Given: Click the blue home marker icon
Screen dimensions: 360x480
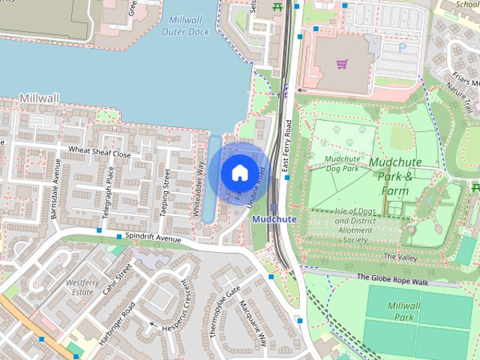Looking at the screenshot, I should tap(238, 172).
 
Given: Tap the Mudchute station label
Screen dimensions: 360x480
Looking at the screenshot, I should tap(274, 219).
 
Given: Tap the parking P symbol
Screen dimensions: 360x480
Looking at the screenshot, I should tap(401, 47).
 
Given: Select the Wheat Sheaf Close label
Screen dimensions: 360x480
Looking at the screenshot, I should tap(100, 154).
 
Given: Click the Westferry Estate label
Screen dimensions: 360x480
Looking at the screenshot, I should tap(82, 288).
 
